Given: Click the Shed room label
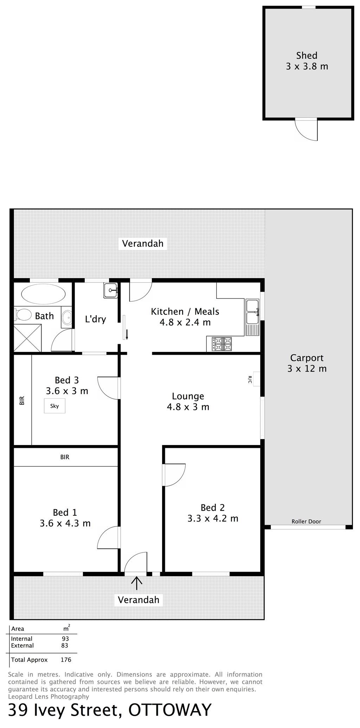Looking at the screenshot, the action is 307,56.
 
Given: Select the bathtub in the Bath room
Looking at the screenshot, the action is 43,293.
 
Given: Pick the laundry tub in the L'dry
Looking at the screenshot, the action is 111,290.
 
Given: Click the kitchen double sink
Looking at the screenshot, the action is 252,311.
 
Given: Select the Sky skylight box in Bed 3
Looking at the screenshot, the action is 54,406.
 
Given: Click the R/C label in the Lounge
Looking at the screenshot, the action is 250,379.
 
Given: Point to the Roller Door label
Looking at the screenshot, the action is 306,522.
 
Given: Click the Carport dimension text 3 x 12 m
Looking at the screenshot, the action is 307,369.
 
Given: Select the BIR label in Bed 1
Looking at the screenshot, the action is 65,457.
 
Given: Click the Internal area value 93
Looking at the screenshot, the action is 65,639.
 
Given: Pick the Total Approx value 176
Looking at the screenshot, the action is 66,660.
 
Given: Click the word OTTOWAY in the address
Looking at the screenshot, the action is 170,710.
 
